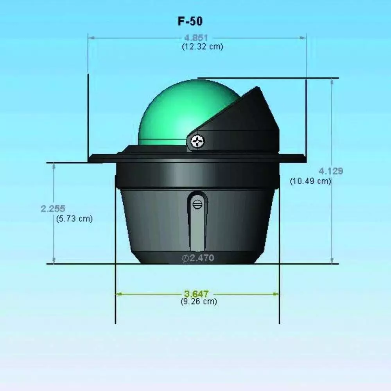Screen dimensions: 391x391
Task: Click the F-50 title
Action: tap(190, 21)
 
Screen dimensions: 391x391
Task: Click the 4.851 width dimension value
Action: tap(196, 38)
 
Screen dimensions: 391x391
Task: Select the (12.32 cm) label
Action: tap(203, 47)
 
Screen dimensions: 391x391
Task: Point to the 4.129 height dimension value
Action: tap(331, 171)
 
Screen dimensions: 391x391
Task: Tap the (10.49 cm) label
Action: tap(310, 181)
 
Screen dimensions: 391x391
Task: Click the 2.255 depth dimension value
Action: tap(53, 208)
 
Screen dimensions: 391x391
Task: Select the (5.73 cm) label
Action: tap(74, 219)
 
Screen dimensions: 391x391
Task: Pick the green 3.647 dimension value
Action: tap(196, 294)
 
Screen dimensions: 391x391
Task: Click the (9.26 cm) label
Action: tap(199, 301)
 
